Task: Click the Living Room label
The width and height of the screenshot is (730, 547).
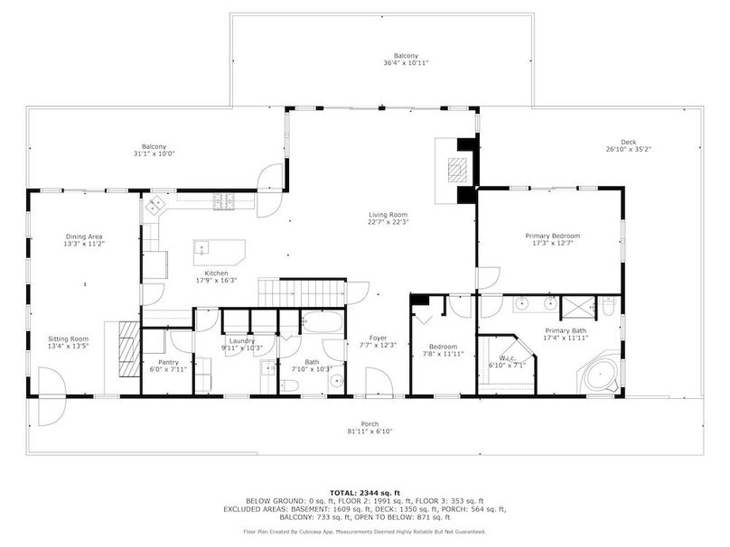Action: (x=388, y=215)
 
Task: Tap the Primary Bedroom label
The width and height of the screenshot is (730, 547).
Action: (x=553, y=236)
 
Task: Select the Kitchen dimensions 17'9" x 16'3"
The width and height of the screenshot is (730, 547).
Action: (x=217, y=281)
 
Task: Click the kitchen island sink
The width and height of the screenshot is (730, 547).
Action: (x=201, y=247)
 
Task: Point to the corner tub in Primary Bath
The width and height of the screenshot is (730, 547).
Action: (x=600, y=374)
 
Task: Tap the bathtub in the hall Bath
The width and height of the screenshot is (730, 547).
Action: (x=322, y=321)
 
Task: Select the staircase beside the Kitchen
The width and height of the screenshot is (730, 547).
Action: (x=302, y=292)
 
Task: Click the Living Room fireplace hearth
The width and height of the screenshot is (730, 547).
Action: (x=457, y=171)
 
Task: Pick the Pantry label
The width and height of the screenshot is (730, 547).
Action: (x=168, y=362)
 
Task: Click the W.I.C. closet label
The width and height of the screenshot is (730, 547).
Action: (x=507, y=358)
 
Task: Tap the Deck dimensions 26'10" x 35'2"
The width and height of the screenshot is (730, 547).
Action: (x=628, y=149)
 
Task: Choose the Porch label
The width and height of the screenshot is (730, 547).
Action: (x=370, y=423)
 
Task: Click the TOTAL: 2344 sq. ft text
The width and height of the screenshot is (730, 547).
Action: (x=364, y=493)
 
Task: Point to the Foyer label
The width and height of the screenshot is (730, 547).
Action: (x=378, y=338)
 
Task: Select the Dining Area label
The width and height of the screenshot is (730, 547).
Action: (x=84, y=236)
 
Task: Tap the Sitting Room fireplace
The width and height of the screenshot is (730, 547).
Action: (x=129, y=348)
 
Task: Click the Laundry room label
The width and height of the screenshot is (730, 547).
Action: (x=242, y=341)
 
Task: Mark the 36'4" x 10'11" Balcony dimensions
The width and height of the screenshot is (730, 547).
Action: (x=406, y=63)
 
